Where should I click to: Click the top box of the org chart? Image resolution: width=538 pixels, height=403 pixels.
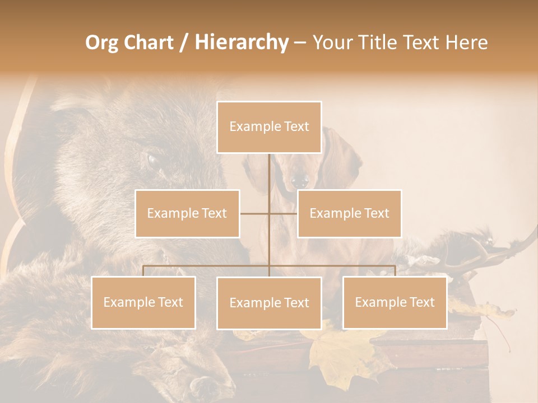click(x=269, y=127)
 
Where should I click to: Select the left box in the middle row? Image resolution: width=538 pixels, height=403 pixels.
click(x=187, y=213)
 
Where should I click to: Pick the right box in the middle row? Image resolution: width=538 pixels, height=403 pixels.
click(x=349, y=213)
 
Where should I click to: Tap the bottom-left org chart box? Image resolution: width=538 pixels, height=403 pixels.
click(x=143, y=302)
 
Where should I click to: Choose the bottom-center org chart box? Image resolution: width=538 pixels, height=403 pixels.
click(x=269, y=303)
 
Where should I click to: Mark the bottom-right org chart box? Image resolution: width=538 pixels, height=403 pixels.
click(x=395, y=302)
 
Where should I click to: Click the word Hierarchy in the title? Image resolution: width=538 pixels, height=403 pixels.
click(x=242, y=42)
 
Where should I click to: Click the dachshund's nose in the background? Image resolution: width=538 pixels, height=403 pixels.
click(x=300, y=181)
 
